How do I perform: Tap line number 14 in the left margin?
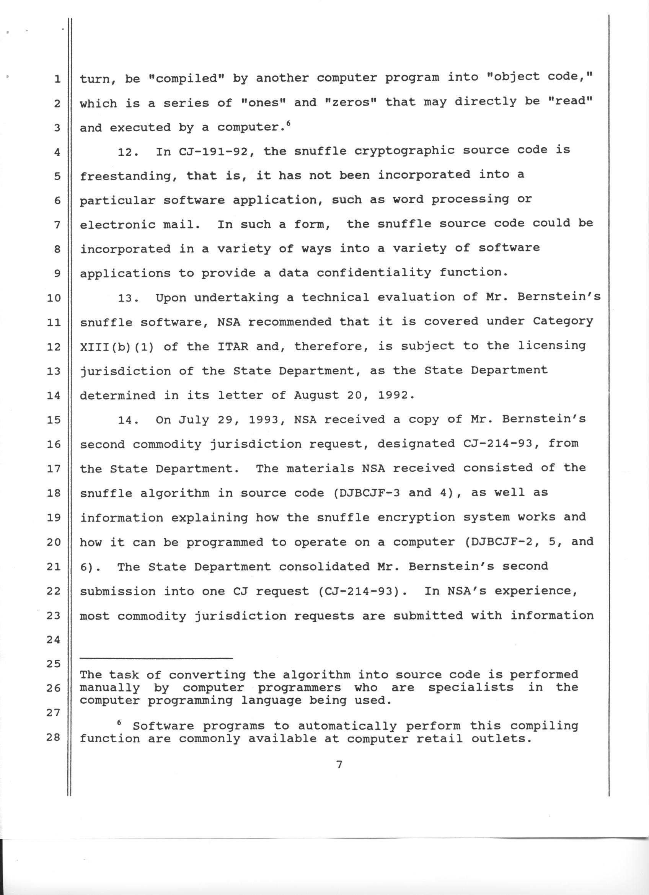(x=53, y=395)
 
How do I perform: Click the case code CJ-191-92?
(x=214, y=151)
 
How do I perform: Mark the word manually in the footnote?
(x=110, y=688)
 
